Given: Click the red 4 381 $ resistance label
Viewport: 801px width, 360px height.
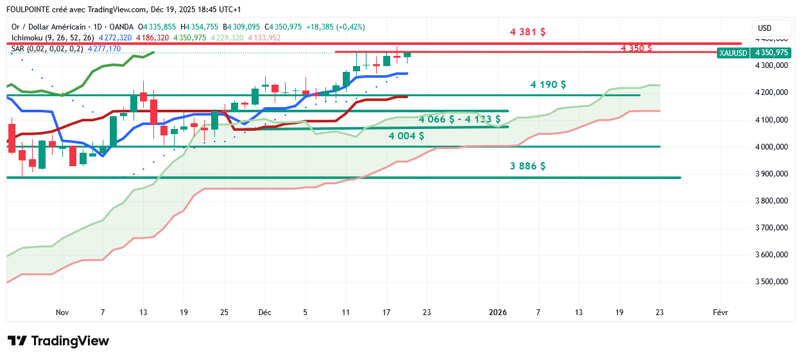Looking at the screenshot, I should click(528, 31).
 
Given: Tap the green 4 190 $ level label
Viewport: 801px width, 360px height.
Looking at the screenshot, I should click(548, 85).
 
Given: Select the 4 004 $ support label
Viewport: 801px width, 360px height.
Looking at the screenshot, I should click(406, 135).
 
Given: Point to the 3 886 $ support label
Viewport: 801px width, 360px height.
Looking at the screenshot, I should click(528, 166).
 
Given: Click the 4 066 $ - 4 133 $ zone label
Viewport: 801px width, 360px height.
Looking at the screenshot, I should click(459, 119).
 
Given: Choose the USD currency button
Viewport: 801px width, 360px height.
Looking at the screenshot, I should click(764, 28).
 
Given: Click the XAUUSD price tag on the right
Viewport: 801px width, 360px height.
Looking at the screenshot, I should click(734, 53).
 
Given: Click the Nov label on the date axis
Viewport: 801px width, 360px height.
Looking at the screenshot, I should click(62, 313).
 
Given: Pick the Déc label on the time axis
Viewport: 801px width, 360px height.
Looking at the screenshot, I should click(264, 313).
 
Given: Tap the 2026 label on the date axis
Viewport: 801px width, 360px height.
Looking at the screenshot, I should click(497, 313).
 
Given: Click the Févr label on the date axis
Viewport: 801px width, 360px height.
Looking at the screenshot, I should click(720, 313).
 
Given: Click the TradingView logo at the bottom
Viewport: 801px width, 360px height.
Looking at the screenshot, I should click(58, 341).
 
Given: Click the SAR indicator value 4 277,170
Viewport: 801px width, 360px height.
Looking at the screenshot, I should click(104, 49).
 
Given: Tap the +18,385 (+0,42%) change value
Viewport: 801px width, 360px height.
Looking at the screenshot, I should click(335, 27).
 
